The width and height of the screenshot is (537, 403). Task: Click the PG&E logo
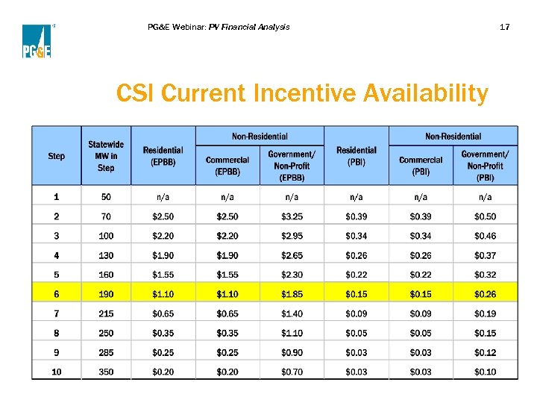tap(36, 41)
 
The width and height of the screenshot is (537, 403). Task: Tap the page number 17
tap(504, 27)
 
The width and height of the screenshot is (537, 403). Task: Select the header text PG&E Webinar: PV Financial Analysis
tap(219, 27)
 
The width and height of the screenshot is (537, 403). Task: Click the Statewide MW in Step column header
tap(106, 156)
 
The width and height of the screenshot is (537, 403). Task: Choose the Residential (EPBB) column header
tap(163, 156)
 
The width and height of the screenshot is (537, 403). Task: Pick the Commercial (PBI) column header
tap(421, 165)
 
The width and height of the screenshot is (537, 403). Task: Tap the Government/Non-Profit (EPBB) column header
tap(292, 165)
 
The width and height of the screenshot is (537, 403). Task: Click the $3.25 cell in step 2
tap(292, 216)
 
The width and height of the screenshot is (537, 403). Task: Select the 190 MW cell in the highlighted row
tap(106, 294)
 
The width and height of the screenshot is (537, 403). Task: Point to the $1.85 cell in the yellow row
tap(292, 294)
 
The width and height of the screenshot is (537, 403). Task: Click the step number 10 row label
tap(56, 372)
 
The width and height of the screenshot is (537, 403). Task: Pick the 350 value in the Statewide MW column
tap(106, 372)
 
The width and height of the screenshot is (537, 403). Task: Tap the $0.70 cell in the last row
tap(292, 372)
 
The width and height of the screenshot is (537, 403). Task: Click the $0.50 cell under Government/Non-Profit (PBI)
tap(485, 216)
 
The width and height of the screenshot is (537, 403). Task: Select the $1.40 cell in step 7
tap(292, 313)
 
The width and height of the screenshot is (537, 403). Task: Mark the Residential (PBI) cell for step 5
tap(356, 275)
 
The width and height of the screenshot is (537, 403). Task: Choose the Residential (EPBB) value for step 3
tap(163, 236)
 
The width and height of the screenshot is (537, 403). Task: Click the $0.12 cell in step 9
tap(485, 352)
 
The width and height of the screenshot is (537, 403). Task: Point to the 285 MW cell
tap(106, 352)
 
